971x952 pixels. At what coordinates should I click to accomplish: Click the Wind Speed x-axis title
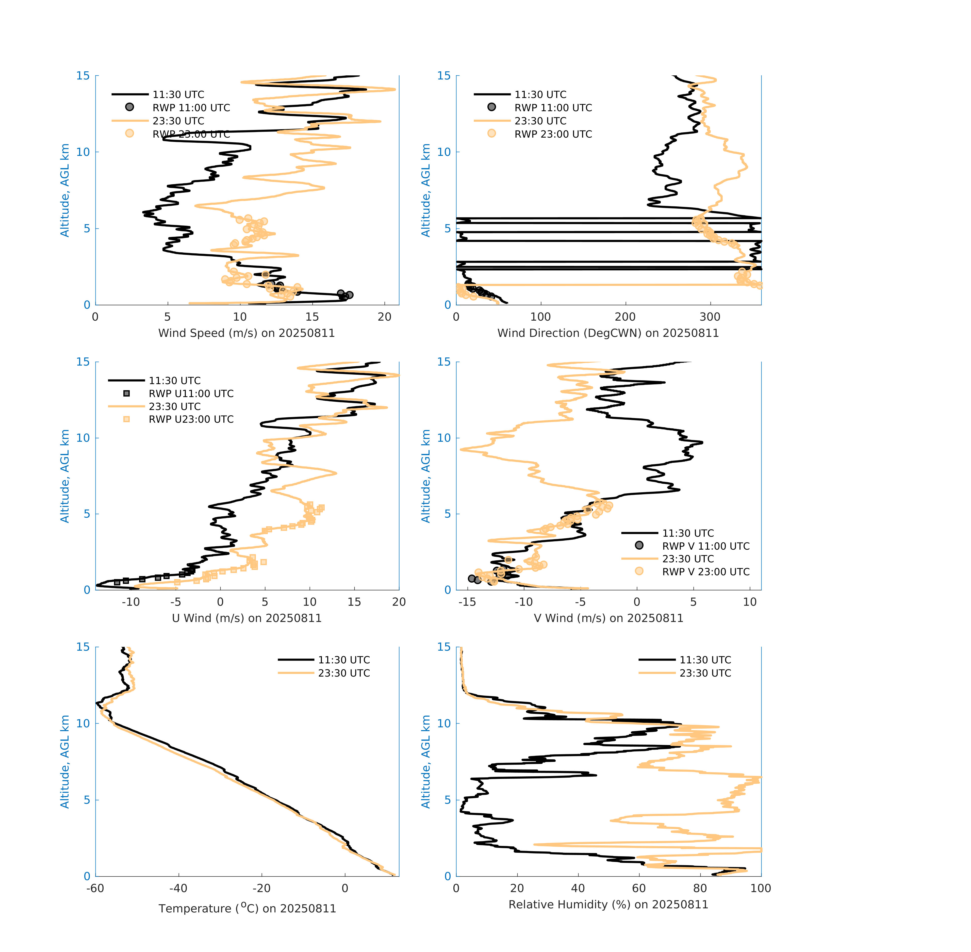click(246, 333)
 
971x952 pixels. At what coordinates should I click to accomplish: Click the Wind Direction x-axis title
click(608, 333)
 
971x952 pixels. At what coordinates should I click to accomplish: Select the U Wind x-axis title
click(246, 618)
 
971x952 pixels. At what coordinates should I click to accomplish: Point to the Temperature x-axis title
click(247, 908)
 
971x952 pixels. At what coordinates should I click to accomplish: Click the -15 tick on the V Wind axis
click(467, 602)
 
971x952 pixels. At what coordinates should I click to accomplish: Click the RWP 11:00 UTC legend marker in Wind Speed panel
click(129, 107)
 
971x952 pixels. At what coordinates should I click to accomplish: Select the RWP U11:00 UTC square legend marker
click(126, 393)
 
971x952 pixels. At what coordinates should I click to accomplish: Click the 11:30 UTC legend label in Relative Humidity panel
click(705, 660)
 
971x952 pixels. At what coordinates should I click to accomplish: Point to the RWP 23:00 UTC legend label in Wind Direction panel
click(553, 134)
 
